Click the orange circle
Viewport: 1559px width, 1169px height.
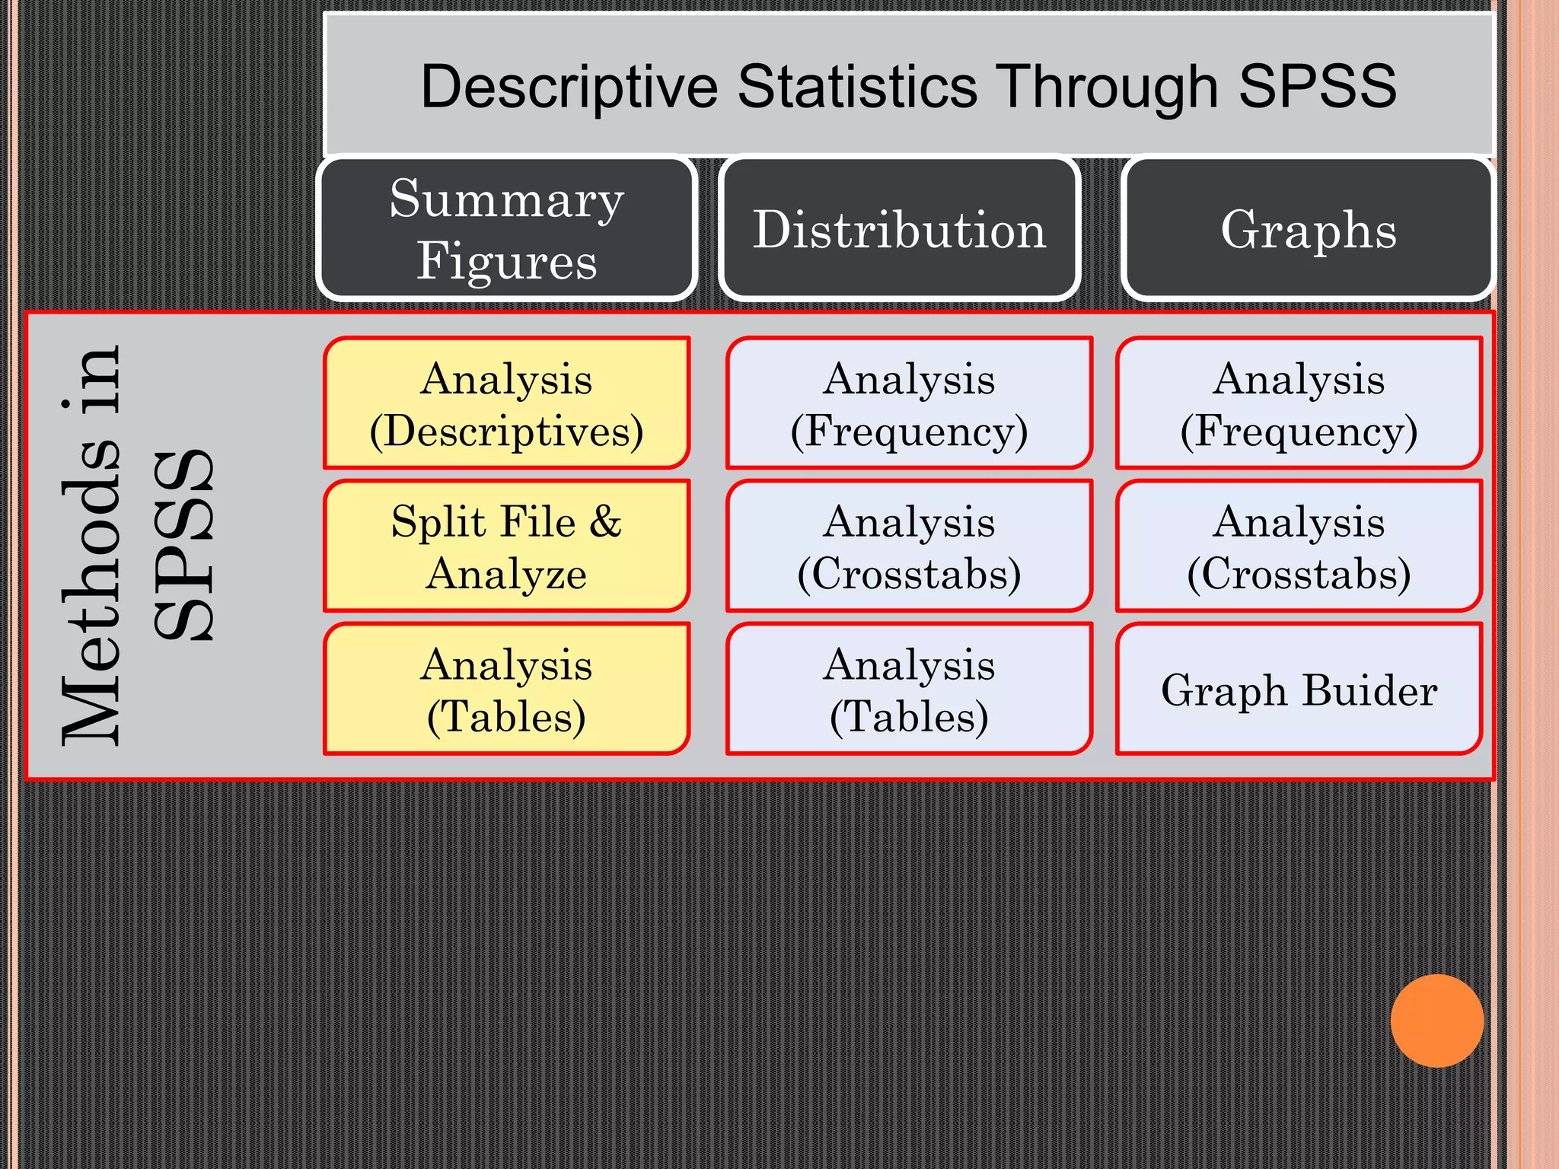coord(1436,1021)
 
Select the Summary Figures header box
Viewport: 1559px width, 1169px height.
coord(507,228)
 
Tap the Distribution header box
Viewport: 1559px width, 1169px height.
coord(900,228)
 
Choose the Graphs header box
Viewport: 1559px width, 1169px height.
coord(1308,228)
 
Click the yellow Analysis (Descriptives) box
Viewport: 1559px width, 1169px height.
coord(507,403)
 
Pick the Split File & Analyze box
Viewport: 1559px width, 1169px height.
coord(507,546)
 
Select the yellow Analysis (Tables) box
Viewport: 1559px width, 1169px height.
coord(507,689)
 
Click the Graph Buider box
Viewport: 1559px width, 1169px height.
coord(1299,689)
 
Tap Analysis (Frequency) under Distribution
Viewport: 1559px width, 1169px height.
coord(909,403)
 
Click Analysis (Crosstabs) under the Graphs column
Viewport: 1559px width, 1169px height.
coord(1299,546)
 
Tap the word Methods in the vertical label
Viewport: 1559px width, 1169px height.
coord(91,601)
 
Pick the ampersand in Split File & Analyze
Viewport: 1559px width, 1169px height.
coord(605,522)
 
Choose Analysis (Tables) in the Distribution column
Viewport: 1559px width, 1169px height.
coord(909,689)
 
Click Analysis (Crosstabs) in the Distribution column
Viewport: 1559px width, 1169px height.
coord(909,546)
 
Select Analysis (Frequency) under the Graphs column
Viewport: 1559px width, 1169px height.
coord(1299,403)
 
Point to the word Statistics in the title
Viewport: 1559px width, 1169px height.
coord(857,86)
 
